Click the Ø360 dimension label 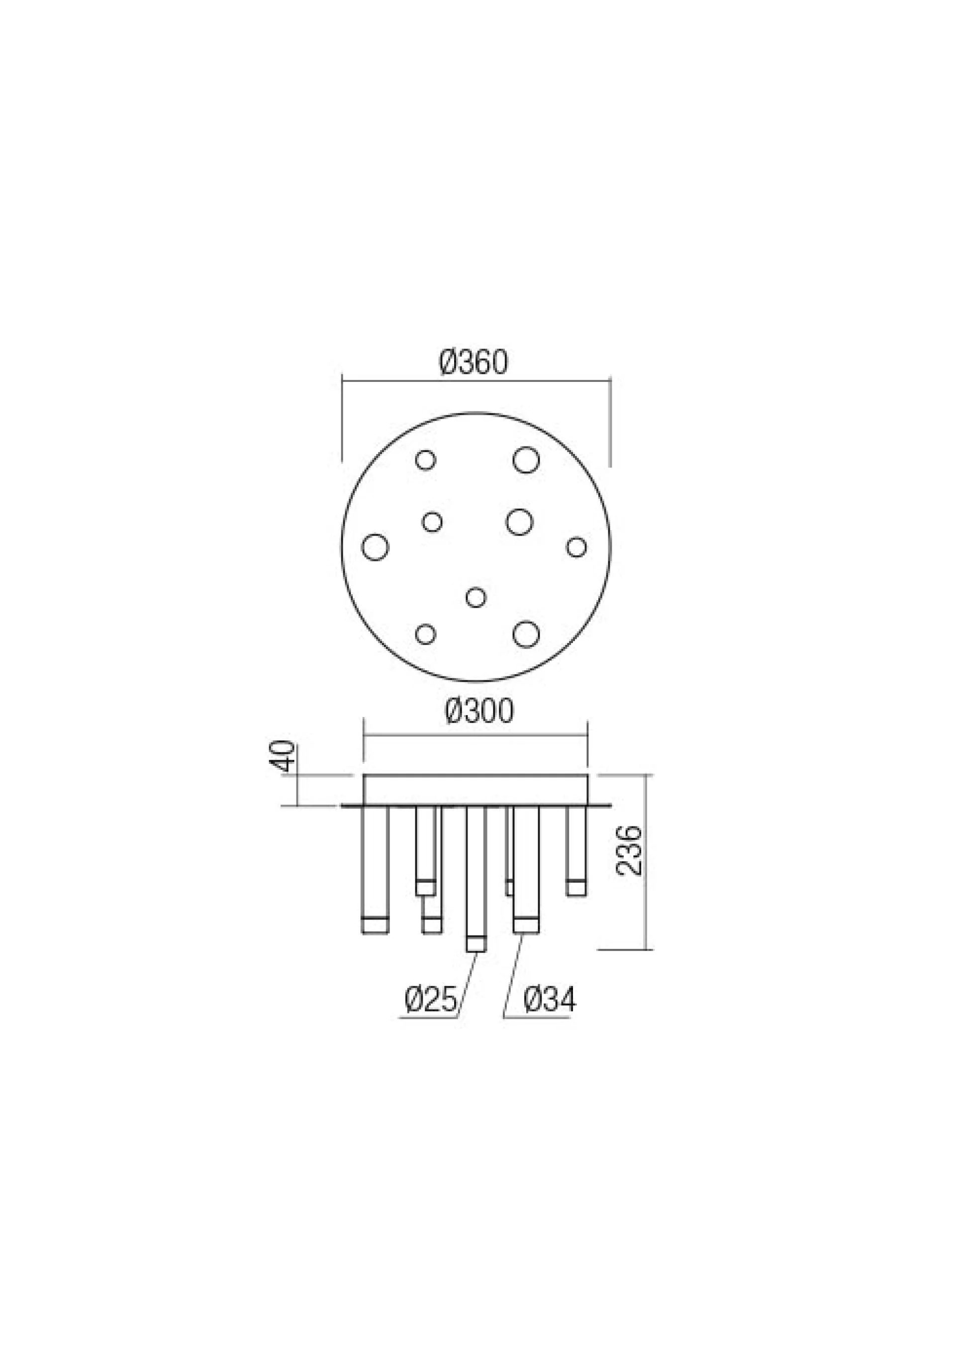coord(474,363)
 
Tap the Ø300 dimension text coord(479,711)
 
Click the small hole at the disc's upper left coord(425,460)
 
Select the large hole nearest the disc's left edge coord(375,546)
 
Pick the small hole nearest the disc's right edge coord(576,546)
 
